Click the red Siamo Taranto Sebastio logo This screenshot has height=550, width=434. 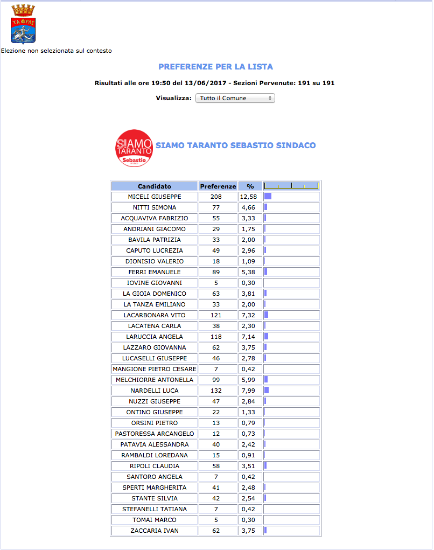click(134, 148)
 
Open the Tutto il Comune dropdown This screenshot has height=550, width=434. click(235, 98)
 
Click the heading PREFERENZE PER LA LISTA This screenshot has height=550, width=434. click(215, 67)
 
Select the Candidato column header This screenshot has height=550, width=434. click(154, 186)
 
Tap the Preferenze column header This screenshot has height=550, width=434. click(218, 186)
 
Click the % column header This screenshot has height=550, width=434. click(250, 186)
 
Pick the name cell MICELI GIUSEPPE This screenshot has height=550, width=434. click(154, 197)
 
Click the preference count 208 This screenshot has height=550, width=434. click(216, 197)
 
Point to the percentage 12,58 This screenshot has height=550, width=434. click(248, 197)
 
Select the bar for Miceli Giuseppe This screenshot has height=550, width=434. click(268, 197)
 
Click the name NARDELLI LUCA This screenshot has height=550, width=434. click(154, 391)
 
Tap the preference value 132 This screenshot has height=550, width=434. click(216, 391)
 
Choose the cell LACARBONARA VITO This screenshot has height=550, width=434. click(154, 315)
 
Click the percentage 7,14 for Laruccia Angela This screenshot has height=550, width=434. click(248, 337)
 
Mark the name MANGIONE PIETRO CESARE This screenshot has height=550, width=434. click(154, 369)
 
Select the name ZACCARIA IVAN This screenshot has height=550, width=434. click(154, 531)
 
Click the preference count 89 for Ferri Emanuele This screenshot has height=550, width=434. click(216, 272)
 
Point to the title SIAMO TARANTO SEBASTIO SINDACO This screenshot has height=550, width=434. click(235, 145)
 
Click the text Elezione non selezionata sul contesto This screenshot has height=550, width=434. click(57, 51)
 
